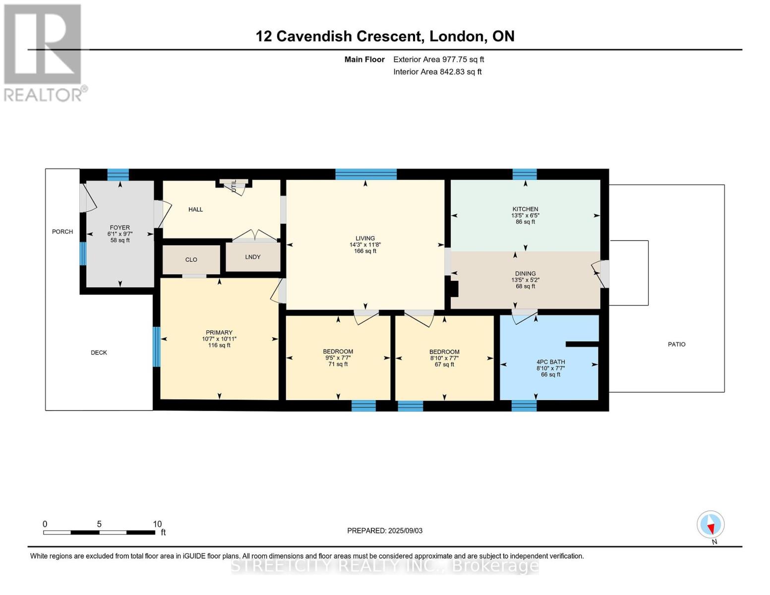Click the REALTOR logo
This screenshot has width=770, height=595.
[x=43, y=52]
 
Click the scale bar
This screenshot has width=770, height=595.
[x=99, y=532]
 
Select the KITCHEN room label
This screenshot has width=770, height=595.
[x=525, y=209]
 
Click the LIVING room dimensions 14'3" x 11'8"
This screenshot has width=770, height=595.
[x=365, y=245]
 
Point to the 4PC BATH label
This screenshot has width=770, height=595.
[x=550, y=362]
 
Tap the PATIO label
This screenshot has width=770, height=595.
[x=676, y=344]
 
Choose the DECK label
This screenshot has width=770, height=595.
[x=99, y=353]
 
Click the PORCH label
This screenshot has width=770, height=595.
[x=62, y=232]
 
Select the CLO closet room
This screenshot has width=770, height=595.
[x=191, y=260]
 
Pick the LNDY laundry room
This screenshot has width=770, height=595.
[x=253, y=257]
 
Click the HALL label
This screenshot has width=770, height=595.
[x=195, y=209]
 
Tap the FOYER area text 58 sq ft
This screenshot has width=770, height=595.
[x=120, y=240]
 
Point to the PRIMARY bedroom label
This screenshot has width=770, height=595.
[x=219, y=333]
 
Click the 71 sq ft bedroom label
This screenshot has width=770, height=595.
[x=338, y=364]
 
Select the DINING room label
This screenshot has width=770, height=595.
[x=525, y=273]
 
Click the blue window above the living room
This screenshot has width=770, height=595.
[x=366, y=174]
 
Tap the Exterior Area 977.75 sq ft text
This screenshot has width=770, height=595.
[x=438, y=59]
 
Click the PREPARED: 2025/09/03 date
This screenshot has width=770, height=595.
[x=385, y=531]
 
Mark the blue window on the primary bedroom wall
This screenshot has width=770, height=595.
[x=157, y=346]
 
